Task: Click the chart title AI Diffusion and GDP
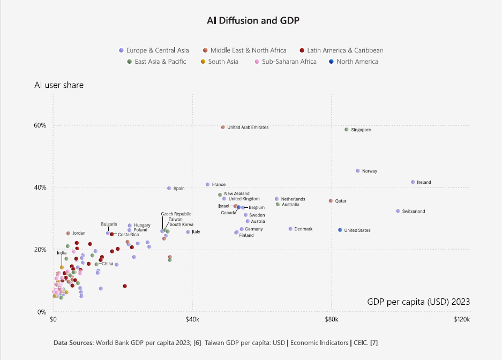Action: point(253,21)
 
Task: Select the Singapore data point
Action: point(347,130)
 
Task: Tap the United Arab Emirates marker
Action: point(223,127)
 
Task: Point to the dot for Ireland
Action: point(413,182)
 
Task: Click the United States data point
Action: point(340,230)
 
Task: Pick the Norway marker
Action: point(358,171)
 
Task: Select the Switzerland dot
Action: point(398,211)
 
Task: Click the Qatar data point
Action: point(331,201)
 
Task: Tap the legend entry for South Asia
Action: point(223,62)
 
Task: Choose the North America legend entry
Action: point(357,62)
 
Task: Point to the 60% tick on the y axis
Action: point(41,125)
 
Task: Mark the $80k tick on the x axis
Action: point(331,320)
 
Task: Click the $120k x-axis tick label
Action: point(462,320)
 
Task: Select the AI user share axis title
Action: point(59,85)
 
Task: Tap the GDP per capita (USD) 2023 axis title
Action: point(418,302)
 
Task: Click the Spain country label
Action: point(179,189)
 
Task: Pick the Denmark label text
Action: point(303,229)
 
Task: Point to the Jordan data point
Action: point(68,234)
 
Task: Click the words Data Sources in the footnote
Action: point(72,342)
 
